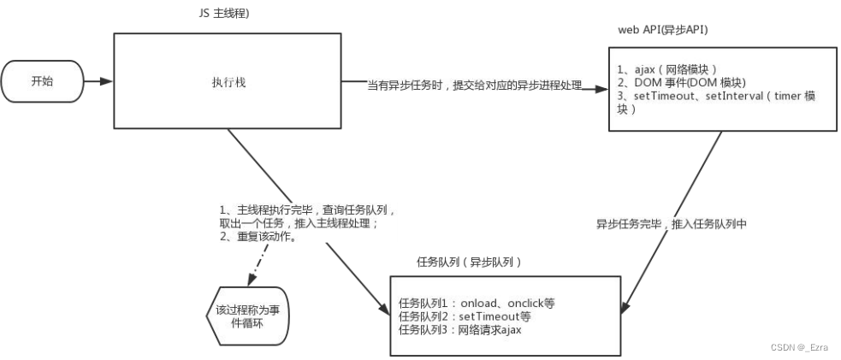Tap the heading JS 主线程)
(x=223, y=15)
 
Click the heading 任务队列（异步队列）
(x=469, y=261)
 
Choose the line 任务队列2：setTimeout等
(x=465, y=316)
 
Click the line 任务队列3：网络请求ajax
(x=460, y=329)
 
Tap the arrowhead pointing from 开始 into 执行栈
(x=109, y=82)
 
